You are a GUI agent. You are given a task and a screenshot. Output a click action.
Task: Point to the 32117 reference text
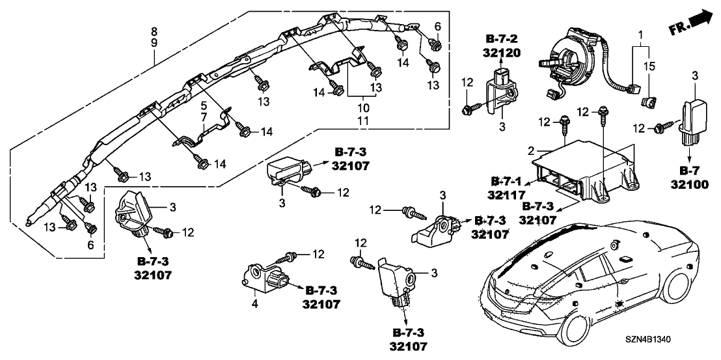click(506, 193)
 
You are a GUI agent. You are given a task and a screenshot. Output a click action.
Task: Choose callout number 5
click(203, 105)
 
